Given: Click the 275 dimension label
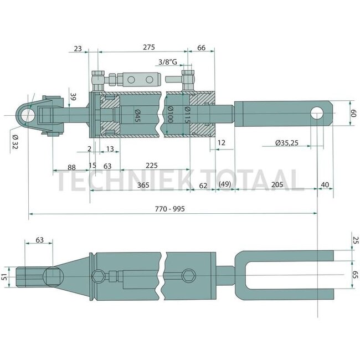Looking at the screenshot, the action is [149, 47].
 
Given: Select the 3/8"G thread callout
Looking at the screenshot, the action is [168, 62].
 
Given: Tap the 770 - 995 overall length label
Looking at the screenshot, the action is [169, 209].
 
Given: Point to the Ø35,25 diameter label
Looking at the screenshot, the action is [287, 143].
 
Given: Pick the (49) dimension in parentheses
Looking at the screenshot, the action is [225, 184].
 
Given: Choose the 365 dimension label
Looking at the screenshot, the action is [143, 185].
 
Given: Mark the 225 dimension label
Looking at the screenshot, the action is [152, 165].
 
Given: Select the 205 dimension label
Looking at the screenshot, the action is [277, 184].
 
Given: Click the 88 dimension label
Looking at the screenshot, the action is [71, 167].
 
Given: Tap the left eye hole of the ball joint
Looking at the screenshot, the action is [27, 115].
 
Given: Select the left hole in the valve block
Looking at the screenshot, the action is [131, 80].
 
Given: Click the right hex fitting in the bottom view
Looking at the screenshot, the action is [189, 275].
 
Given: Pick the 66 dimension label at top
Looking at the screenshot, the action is [201, 48].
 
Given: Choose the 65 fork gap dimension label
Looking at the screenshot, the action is [355, 275].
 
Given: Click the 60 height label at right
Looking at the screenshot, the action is [353, 113].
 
